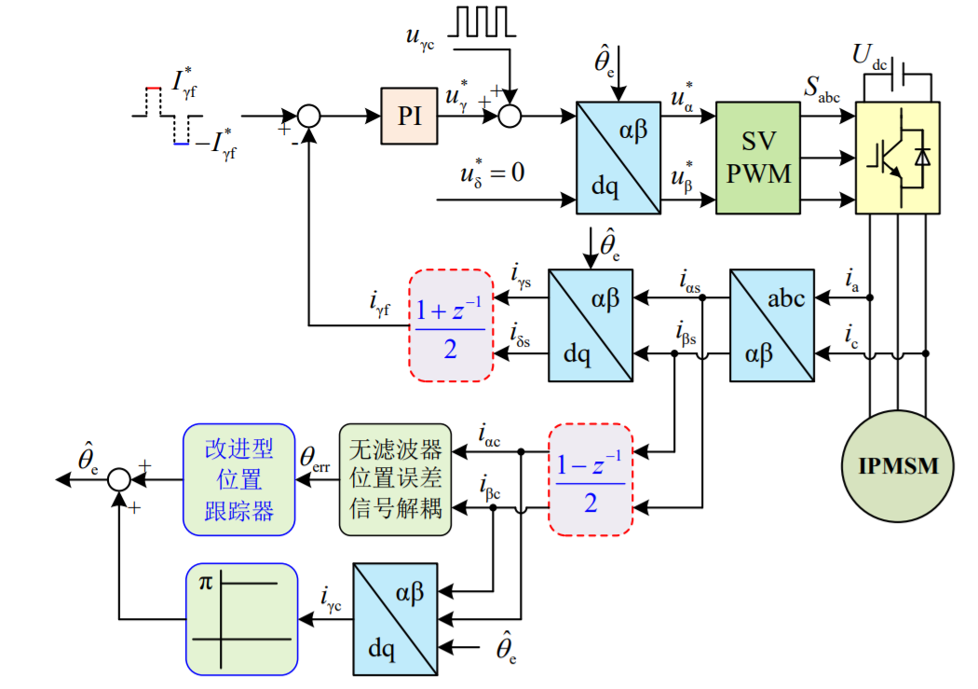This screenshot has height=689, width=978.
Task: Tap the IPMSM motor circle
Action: point(899,465)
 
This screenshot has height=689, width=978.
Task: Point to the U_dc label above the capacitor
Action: point(869,56)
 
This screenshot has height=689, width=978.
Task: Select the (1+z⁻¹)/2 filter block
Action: point(451,325)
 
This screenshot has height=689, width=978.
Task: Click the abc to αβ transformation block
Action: point(770,325)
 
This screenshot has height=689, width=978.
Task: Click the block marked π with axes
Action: point(241,618)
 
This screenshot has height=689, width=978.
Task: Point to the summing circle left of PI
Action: point(308,116)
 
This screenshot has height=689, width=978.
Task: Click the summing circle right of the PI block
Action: point(509,116)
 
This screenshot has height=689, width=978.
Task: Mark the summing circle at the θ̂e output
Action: point(118,479)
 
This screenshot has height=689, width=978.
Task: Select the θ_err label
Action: point(315,459)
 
